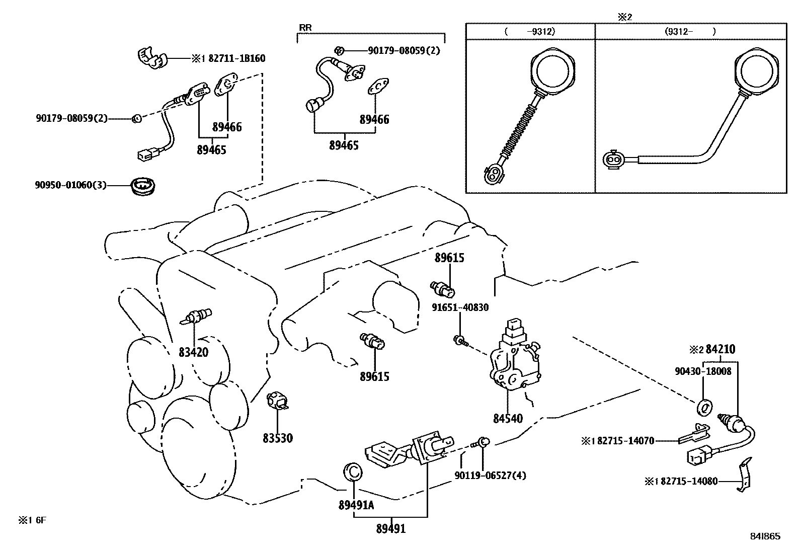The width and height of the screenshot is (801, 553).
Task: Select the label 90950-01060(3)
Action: click(x=70, y=185)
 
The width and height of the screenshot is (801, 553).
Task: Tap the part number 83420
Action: click(x=193, y=352)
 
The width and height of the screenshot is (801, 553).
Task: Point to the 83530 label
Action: click(x=277, y=438)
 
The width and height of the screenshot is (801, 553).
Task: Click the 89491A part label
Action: click(x=356, y=506)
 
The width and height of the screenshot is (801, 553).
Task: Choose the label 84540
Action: click(x=508, y=418)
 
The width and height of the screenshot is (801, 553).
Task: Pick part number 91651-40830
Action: click(x=460, y=307)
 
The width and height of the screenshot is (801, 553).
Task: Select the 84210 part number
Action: click(x=720, y=349)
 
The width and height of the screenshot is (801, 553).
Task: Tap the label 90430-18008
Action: click(x=703, y=371)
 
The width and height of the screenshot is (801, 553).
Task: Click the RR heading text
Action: click(x=305, y=28)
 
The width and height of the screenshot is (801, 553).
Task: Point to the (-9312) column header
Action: click(x=529, y=31)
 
